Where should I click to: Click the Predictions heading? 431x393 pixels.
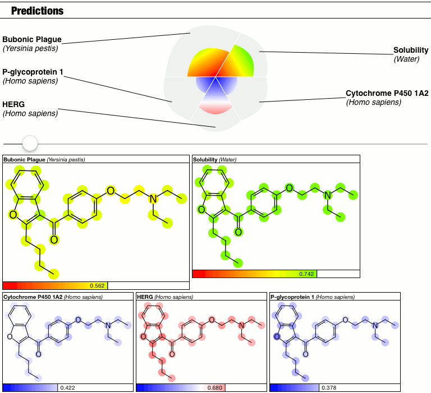(x=37, y=11)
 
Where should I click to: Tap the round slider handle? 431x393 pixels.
(x=30, y=144)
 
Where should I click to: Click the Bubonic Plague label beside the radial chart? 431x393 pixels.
(x=31, y=40)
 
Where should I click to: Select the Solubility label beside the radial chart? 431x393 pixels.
(x=411, y=50)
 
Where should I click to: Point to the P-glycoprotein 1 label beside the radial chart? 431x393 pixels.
(x=37, y=72)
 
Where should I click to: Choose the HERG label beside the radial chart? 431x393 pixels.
(x=13, y=104)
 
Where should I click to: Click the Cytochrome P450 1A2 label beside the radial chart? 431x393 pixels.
(x=387, y=93)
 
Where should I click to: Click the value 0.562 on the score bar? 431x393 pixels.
(x=98, y=285)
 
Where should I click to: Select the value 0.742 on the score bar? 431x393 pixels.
(x=307, y=274)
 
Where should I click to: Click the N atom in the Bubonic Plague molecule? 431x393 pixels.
(x=152, y=200)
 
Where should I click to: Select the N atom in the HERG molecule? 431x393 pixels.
(x=241, y=326)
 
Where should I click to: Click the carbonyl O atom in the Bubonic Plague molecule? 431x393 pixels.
(x=54, y=240)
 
